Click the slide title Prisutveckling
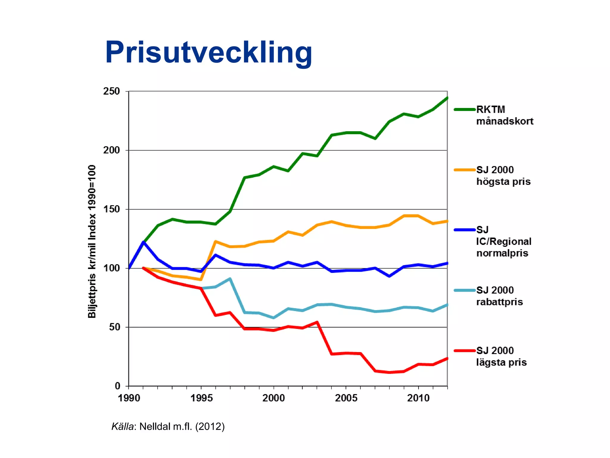[208, 52]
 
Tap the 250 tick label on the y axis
[111, 91]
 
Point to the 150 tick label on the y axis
[111, 209]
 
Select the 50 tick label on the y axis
[114, 327]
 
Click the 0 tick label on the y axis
[118, 386]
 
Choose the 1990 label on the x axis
[129, 398]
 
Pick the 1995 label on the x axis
[201, 398]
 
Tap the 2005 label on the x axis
[346, 398]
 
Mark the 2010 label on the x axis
[418, 398]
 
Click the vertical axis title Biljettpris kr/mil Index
[92, 242]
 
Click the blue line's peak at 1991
[143, 242]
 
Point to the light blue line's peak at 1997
[230, 279]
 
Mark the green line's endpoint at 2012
[447, 98]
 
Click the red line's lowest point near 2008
[389, 372]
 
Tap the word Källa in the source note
[122, 426]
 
